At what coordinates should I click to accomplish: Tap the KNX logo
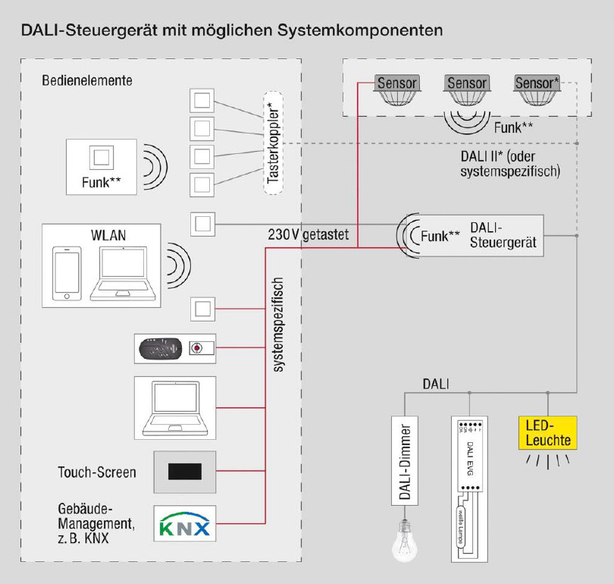click(185, 523)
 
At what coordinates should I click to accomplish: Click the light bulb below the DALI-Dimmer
click(405, 540)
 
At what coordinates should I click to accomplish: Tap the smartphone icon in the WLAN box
click(67, 274)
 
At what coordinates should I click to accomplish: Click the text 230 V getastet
click(308, 235)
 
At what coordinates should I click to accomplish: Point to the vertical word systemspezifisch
click(278, 325)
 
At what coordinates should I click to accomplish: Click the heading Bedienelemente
click(87, 80)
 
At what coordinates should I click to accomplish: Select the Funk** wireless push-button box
click(101, 166)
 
